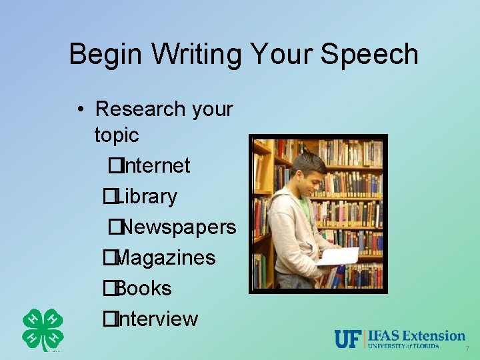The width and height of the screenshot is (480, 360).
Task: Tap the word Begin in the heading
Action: [x=101, y=55]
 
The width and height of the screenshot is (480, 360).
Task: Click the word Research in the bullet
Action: [x=139, y=109]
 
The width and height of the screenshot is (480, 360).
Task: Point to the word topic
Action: [x=117, y=135]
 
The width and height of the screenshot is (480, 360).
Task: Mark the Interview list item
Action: [x=156, y=319]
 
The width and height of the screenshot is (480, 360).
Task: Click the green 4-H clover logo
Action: [x=43, y=330]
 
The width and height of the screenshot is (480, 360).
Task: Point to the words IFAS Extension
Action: [x=417, y=335]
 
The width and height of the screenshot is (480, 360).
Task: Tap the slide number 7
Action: [x=467, y=349]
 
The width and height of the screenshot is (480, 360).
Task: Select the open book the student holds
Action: [x=338, y=256]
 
